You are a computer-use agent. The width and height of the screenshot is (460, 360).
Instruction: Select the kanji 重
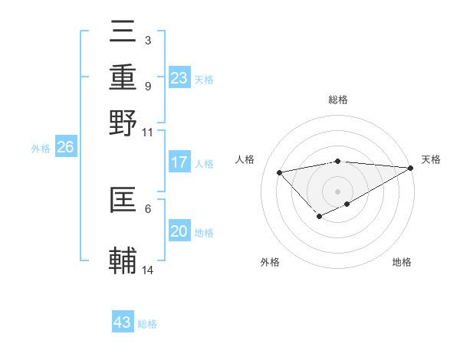[x=123, y=79]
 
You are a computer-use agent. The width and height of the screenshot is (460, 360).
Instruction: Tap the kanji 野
[x=123, y=123]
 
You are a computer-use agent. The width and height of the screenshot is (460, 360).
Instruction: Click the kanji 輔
[x=123, y=261]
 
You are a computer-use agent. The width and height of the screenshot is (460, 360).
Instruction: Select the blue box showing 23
[x=179, y=78]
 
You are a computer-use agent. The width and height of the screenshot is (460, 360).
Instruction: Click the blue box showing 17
[x=179, y=162]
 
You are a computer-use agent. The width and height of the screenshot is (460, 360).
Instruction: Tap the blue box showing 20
[x=179, y=232]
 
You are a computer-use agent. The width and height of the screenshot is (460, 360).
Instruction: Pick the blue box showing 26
[x=65, y=148]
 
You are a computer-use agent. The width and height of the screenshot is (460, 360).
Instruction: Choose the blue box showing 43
[x=123, y=322]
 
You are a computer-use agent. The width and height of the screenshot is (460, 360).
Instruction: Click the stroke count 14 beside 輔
[x=148, y=270]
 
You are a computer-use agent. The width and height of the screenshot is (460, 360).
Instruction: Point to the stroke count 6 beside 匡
[x=148, y=208]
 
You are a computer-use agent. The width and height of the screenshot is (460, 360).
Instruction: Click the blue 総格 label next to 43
[x=147, y=324]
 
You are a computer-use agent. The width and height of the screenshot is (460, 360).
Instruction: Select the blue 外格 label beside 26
[x=41, y=149]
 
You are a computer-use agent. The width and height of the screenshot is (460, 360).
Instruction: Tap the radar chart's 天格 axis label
[x=431, y=159]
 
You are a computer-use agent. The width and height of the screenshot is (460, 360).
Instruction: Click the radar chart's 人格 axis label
[x=245, y=159]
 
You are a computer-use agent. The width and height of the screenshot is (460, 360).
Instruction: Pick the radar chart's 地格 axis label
[x=402, y=262]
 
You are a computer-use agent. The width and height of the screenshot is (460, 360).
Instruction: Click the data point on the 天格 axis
[x=411, y=168]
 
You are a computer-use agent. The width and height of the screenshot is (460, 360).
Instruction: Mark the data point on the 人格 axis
[x=280, y=172]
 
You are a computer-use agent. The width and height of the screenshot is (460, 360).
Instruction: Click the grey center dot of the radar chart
[x=337, y=191]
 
